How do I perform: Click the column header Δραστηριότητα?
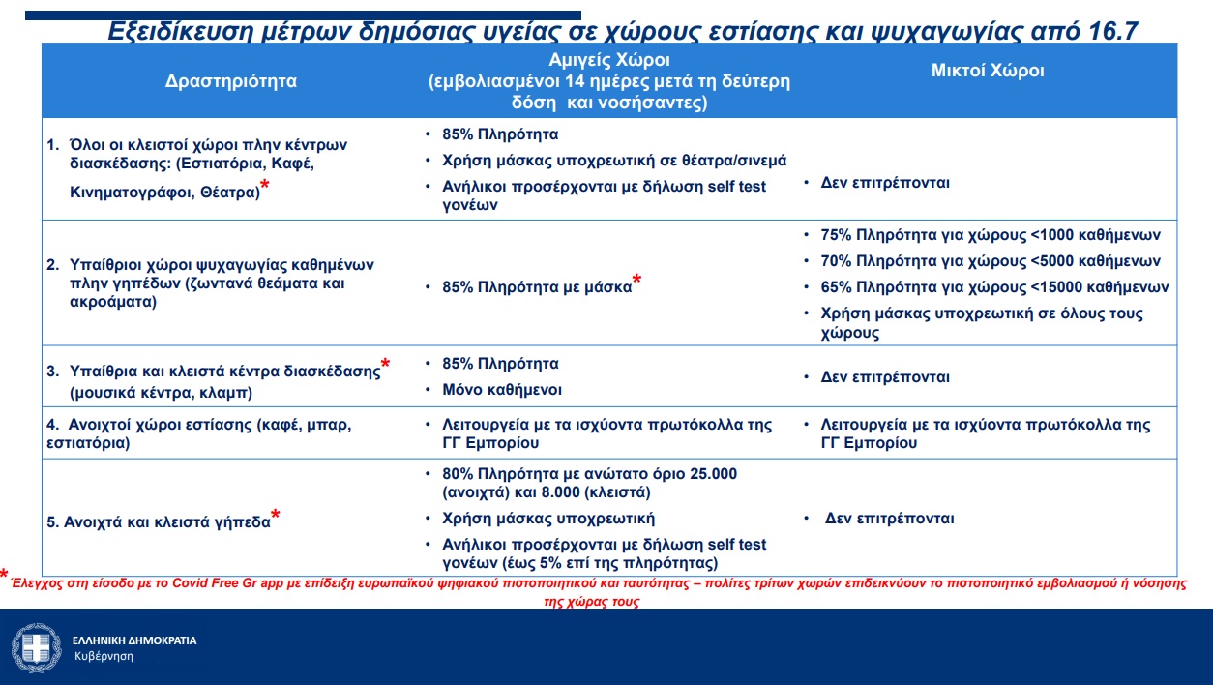coord(231,81)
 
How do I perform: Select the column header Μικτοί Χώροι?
coord(988,71)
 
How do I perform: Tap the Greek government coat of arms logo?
coord(37,647)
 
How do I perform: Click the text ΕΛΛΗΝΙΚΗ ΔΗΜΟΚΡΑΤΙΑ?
coord(134,640)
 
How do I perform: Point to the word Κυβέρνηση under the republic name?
coord(104,656)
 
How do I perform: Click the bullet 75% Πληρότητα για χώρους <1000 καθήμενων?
coord(990,235)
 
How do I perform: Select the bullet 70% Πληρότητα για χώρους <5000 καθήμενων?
coord(990,261)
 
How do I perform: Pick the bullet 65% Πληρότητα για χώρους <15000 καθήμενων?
coord(993,287)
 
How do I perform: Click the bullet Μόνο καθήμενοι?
coord(501,390)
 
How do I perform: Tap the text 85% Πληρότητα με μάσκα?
coord(536,287)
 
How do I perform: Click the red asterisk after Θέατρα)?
coord(265,186)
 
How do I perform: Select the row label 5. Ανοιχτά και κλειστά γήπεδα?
coord(159,522)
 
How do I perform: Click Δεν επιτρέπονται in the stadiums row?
coord(889,519)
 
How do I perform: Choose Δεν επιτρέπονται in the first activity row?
coord(885,182)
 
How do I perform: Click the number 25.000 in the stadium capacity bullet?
coord(707,473)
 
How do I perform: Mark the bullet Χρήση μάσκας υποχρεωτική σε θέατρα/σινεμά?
coord(614,161)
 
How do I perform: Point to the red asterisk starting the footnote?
coord(5,575)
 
